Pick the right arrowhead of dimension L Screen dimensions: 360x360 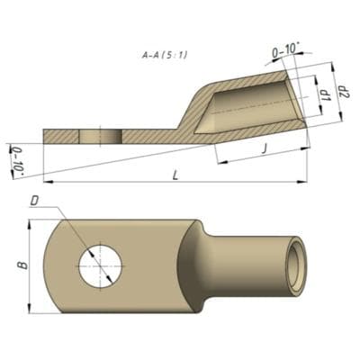tap(303, 183)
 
